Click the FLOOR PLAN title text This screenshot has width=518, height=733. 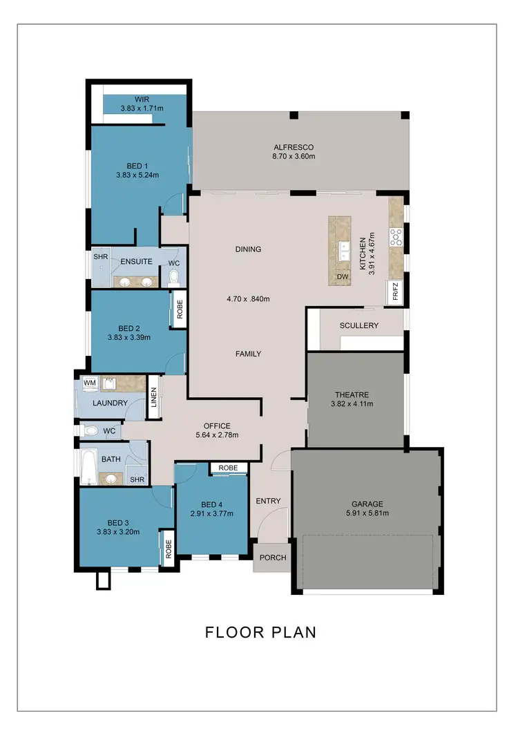pyautogui.click(x=260, y=632)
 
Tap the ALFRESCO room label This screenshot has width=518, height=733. pyautogui.click(x=294, y=147)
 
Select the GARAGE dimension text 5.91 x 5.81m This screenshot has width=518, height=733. pyautogui.click(x=365, y=513)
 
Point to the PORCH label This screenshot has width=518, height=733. pyautogui.click(x=272, y=558)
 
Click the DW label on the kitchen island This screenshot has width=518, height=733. pyautogui.click(x=342, y=277)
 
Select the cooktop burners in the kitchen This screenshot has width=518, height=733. pyautogui.click(x=396, y=237)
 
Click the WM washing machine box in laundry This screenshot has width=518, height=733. pyautogui.click(x=89, y=382)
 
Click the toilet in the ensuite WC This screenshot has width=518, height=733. pyautogui.click(x=174, y=277)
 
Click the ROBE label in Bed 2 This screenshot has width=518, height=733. pyautogui.click(x=178, y=308)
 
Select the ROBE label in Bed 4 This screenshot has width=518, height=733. pyautogui.click(x=228, y=468)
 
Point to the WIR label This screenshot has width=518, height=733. pyautogui.click(x=142, y=98)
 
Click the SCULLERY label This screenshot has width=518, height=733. pyautogui.click(x=358, y=325)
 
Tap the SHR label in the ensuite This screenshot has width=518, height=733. pyautogui.click(x=101, y=256)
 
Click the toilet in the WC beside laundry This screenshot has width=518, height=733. pyautogui.click(x=91, y=430)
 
